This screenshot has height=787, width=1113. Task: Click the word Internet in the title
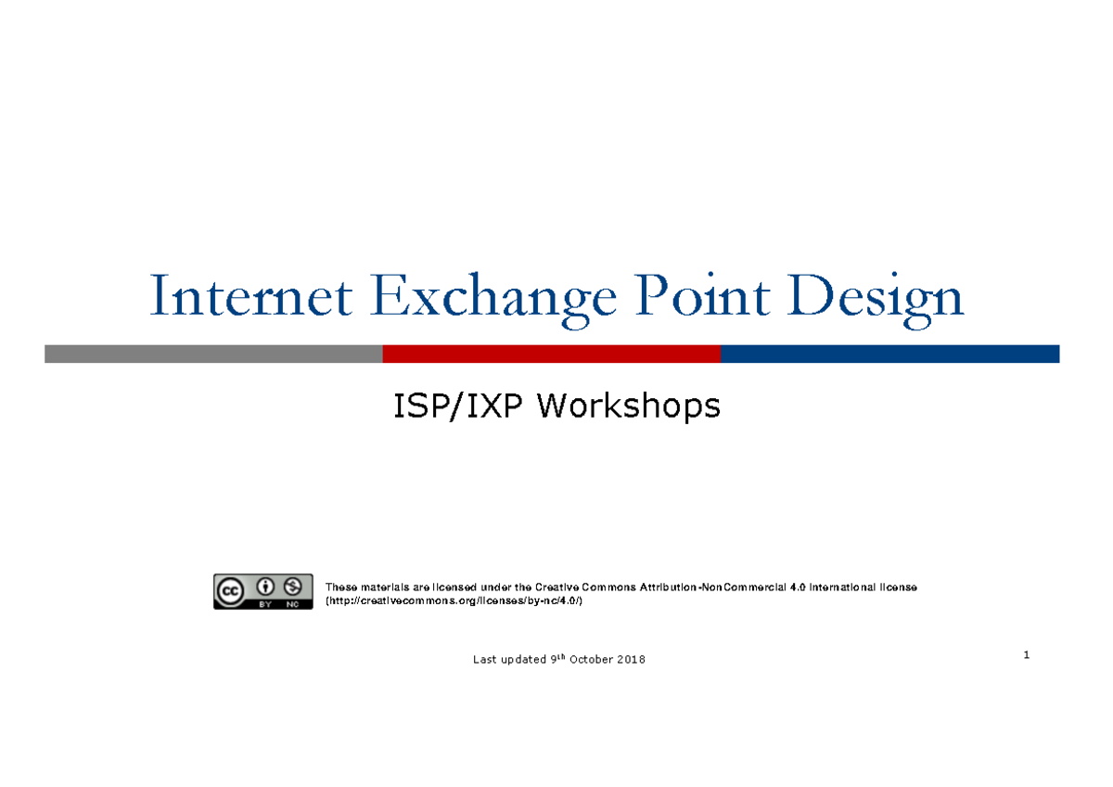(x=249, y=298)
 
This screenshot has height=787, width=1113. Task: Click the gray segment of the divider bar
(x=213, y=354)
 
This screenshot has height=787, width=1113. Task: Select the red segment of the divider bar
(x=552, y=354)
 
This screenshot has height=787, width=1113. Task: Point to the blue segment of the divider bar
(x=889, y=354)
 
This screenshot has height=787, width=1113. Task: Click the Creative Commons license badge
(x=262, y=591)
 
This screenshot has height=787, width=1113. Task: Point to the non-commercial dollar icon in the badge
(x=293, y=587)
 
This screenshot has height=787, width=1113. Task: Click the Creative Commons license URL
(x=454, y=601)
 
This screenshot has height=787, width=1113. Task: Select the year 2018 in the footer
(x=631, y=660)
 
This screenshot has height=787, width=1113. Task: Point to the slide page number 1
(x=1027, y=655)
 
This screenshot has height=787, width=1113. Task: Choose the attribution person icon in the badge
(x=265, y=587)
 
